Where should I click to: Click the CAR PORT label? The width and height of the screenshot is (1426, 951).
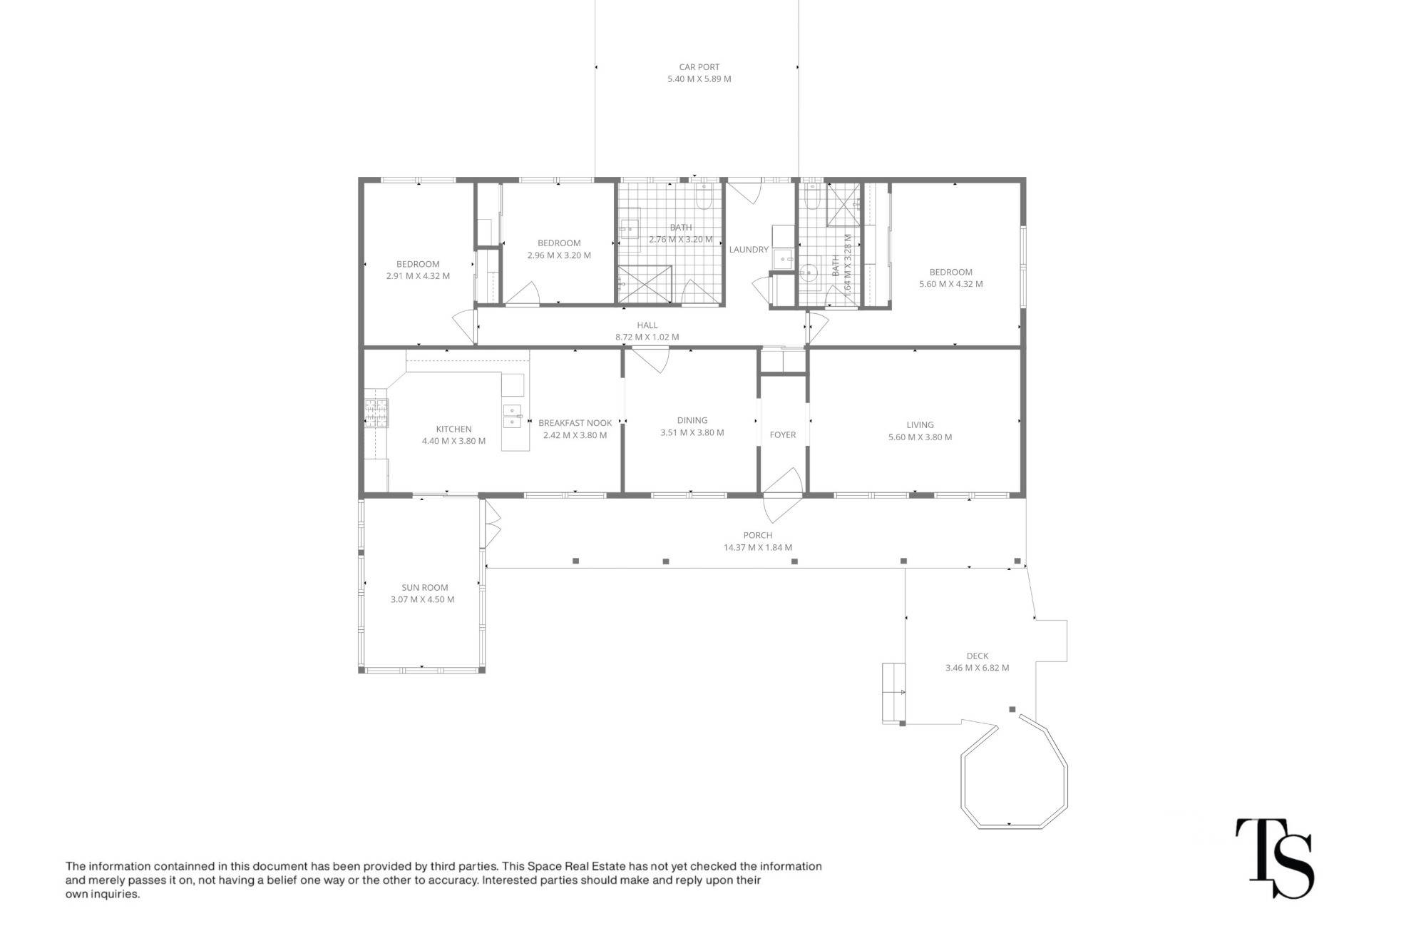(x=699, y=67)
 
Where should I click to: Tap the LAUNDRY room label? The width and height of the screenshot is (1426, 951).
(x=749, y=250)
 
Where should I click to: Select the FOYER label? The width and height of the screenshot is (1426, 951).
(x=783, y=434)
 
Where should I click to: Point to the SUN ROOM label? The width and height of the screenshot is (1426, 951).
(x=425, y=588)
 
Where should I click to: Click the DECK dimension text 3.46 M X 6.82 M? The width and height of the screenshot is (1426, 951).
(x=977, y=668)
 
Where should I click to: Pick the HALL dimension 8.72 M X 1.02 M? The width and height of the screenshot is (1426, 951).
(x=647, y=337)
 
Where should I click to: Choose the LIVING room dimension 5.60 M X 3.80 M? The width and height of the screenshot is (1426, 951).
(x=920, y=437)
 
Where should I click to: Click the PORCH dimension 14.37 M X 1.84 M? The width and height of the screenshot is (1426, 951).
(x=757, y=548)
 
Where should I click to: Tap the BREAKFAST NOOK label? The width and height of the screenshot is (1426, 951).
(x=575, y=423)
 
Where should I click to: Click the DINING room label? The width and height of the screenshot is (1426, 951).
(x=692, y=420)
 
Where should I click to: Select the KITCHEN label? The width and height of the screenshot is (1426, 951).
(x=453, y=429)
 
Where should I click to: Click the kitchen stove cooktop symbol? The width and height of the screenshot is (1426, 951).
(x=376, y=413)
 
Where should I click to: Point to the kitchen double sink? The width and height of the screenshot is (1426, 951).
(x=513, y=416)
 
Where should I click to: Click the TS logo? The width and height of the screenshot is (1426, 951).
(x=1274, y=858)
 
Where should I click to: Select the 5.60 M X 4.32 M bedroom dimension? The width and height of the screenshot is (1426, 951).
(x=950, y=284)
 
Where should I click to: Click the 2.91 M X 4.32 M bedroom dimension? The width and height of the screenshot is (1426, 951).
(x=418, y=276)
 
